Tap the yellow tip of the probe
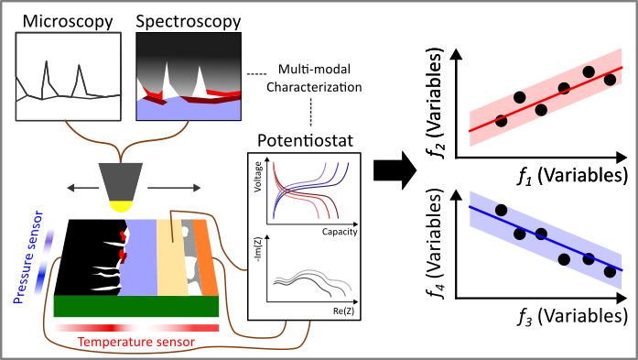pos(119,207)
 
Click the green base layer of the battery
pos(136,306)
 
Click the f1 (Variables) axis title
pos(549,174)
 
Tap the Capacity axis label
pos(338,232)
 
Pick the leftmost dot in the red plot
pos(501,120)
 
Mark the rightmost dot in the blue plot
pos(611,271)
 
